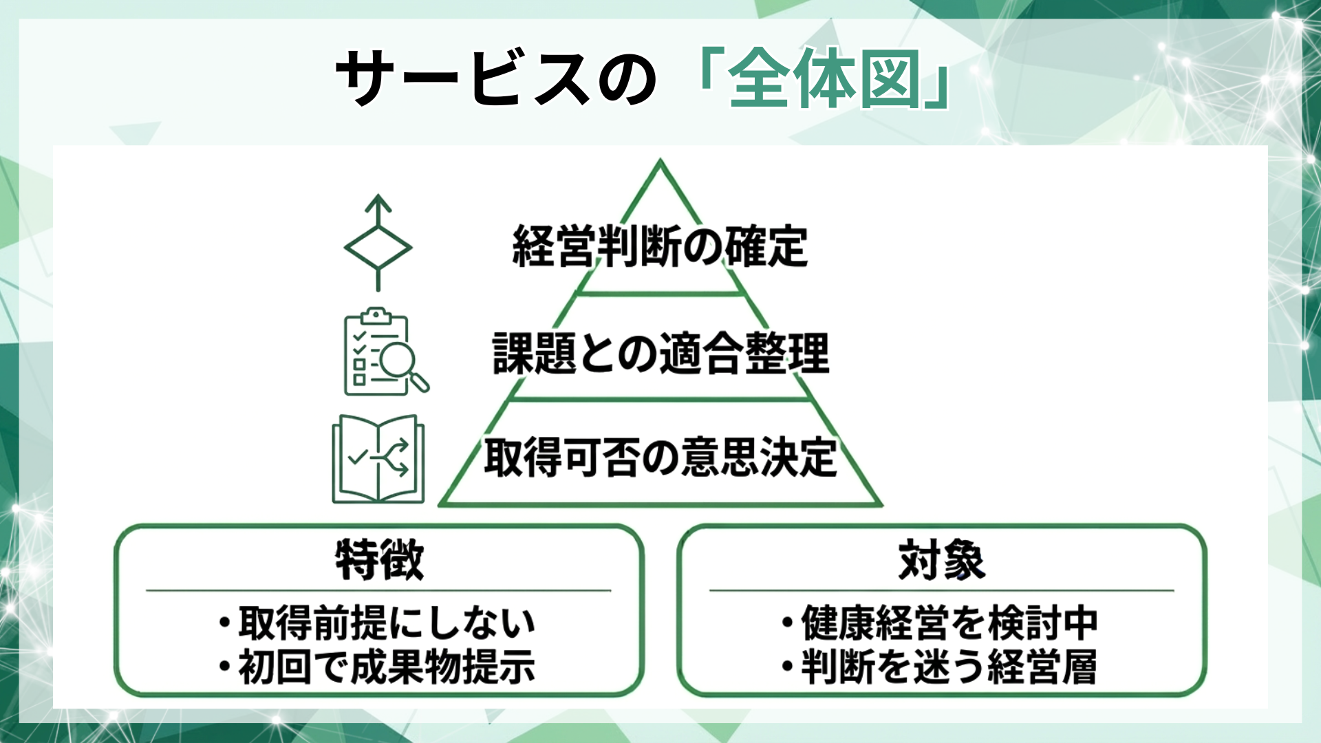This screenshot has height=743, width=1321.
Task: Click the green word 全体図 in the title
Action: (824, 78)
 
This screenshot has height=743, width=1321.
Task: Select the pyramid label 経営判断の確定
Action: (660, 246)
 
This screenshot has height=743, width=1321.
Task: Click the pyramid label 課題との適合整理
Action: (660, 353)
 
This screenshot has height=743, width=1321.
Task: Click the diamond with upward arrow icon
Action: (378, 243)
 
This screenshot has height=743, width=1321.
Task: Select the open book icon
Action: (378, 459)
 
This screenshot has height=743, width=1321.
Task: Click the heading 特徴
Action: (379, 560)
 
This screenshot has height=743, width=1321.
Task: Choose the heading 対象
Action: (942, 560)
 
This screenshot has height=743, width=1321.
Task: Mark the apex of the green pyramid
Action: (660, 162)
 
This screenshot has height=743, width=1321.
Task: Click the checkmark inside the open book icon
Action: (358, 456)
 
